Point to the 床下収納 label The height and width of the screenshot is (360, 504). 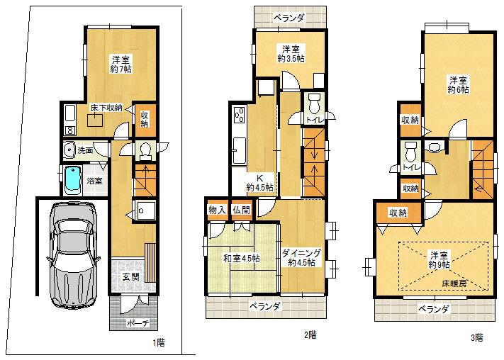click(x=106, y=108)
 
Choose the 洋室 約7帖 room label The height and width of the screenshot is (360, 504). click(x=121, y=64)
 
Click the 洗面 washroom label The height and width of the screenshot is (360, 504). click(x=86, y=150)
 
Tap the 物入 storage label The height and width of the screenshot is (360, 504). click(x=217, y=210)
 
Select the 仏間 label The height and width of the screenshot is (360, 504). click(x=241, y=210)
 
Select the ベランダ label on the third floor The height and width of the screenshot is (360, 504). click(x=432, y=309)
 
